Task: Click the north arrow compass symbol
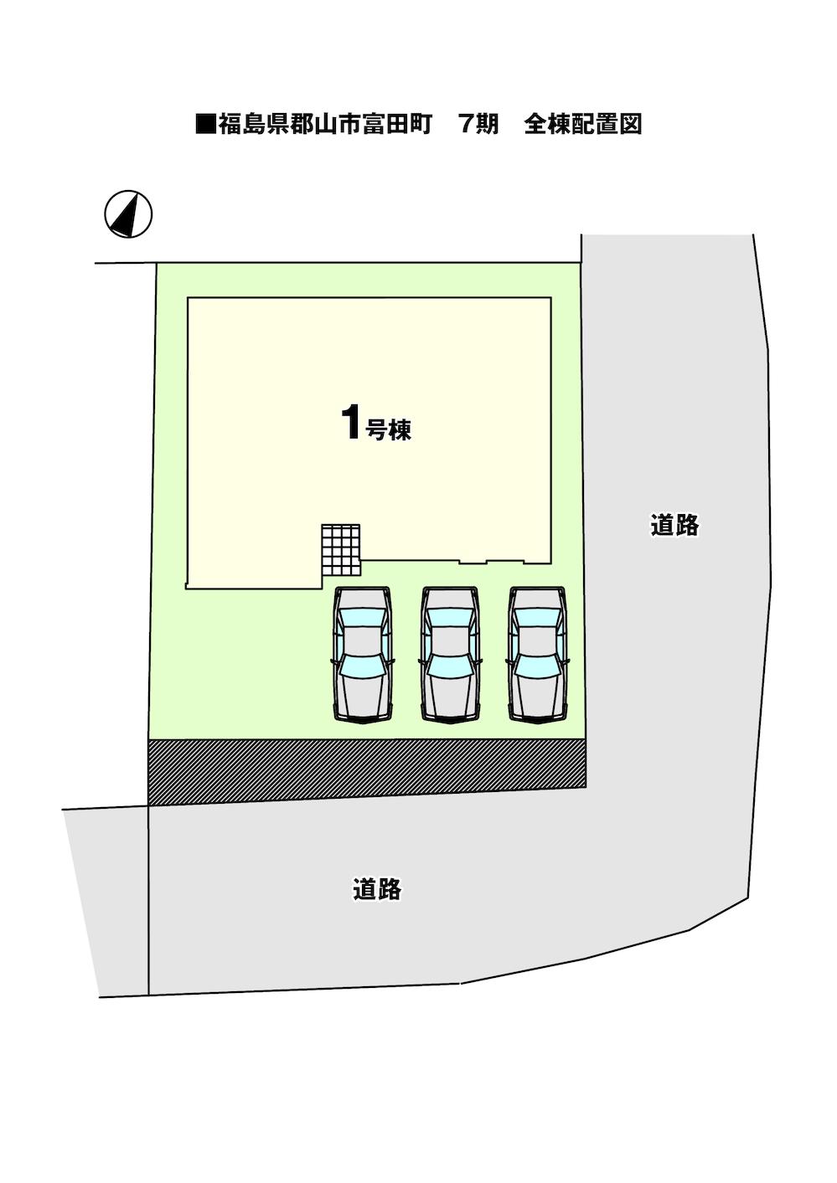[128, 213]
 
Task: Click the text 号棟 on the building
[389, 430]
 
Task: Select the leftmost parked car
[363, 654]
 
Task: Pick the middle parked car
[451, 654]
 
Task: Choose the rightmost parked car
[537, 654]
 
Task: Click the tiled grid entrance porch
[341, 550]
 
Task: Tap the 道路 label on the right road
[674, 525]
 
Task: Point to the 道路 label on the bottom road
[377, 889]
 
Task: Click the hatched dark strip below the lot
[366, 771]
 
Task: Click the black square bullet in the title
[205, 125]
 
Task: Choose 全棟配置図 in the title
[583, 125]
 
